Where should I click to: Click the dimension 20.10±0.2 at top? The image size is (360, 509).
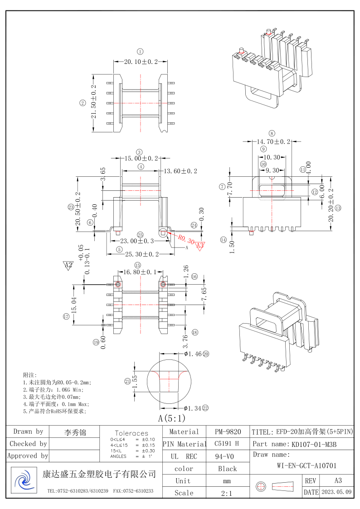(x=141, y=61)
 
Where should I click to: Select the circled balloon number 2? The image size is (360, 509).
(x=82, y=103)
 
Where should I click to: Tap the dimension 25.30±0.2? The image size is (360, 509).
(x=140, y=254)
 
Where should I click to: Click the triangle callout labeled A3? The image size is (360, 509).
(x=200, y=246)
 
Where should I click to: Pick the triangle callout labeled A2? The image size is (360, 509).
(x=68, y=265)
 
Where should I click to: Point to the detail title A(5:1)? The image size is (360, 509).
(x=172, y=418)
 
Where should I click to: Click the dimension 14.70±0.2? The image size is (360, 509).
(x=274, y=142)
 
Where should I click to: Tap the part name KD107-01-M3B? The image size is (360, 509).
(x=314, y=444)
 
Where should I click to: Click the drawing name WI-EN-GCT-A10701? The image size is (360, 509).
(x=306, y=465)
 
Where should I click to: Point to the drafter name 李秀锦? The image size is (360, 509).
(x=75, y=432)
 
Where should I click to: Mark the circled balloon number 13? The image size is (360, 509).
(x=338, y=208)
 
